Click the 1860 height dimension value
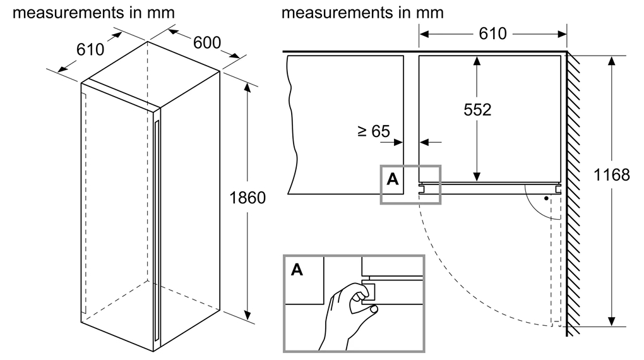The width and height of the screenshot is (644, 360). click(x=247, y=198)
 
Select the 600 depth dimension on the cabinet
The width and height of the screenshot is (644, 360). click(x=207, y=42)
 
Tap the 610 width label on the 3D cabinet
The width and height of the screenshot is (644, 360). click(x=90, y=49)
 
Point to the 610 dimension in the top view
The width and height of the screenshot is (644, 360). click(x=492, y=33)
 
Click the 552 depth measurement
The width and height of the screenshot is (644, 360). click(x=477, y=110)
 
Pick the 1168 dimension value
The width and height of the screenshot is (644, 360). click(x=612, y=174)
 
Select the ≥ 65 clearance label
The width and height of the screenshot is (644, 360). click(x=373, y=131)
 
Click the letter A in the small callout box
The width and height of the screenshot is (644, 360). click(x=392, y=179)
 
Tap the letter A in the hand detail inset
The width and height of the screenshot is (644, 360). click(x=297, y=270)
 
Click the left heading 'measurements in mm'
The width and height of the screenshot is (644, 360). click(x=93, y=12)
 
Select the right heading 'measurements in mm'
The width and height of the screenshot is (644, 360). click(x=362, y=12)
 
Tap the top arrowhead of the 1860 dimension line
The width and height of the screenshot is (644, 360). click(x=247, y=89)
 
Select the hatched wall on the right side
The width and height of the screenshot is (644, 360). click(x=574, y=189)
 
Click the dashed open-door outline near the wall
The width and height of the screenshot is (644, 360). click(x=555, y=265)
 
